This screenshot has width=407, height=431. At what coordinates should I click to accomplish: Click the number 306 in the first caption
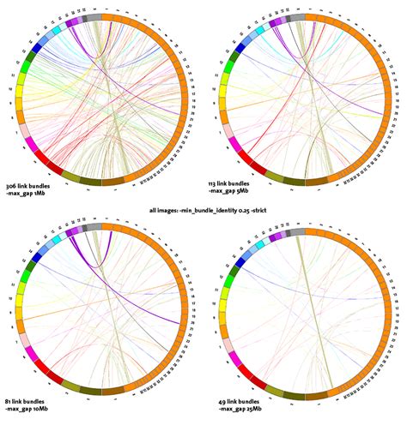(x=11, y=186)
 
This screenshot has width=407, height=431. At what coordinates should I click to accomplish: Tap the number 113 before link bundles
(x=215, y=186)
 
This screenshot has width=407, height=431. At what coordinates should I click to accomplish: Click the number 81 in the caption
(x=9, y=401)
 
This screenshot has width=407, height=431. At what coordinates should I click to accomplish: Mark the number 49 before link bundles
(x=216, y=401)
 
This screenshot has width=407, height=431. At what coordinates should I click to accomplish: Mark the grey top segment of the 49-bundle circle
(x=297, y=226)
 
